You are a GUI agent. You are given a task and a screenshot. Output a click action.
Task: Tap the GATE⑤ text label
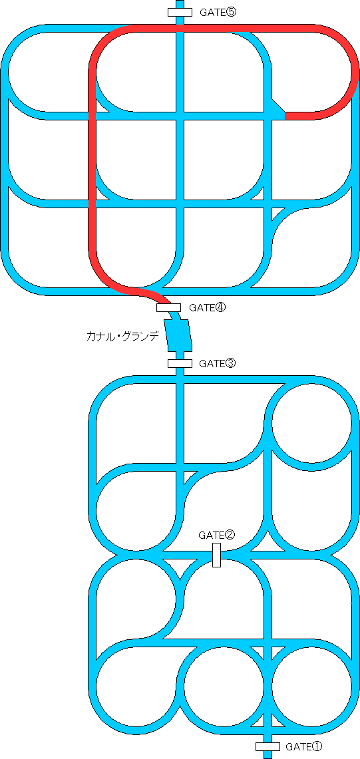(x=218, y=12)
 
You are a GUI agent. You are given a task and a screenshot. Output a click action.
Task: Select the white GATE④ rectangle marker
(x=168, y=307)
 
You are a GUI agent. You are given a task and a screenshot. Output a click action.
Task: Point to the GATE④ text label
(x=208, y=307)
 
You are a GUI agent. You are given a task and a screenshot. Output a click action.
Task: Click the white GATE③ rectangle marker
(x=180, y=363)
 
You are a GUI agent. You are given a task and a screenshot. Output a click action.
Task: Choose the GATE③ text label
(x=218, y=363)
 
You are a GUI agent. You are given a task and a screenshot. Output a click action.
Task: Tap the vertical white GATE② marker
(x=216, y=555)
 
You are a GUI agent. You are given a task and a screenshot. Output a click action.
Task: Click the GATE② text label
(x=216, y=535)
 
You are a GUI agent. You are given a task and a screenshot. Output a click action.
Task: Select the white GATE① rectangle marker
(x=268, y=746)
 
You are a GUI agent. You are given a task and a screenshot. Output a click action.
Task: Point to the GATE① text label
(x=304, y=746)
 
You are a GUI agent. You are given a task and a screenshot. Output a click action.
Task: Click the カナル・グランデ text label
(x=122, y=337)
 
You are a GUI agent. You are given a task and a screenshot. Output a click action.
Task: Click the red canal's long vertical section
(x=92, y=164)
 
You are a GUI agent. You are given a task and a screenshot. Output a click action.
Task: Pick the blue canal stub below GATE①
(x=268, y=754)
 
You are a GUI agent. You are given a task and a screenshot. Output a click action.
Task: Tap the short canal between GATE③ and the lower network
(x=180, y=372)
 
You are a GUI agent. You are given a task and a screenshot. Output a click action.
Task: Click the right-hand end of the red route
(x=287, y=116)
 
